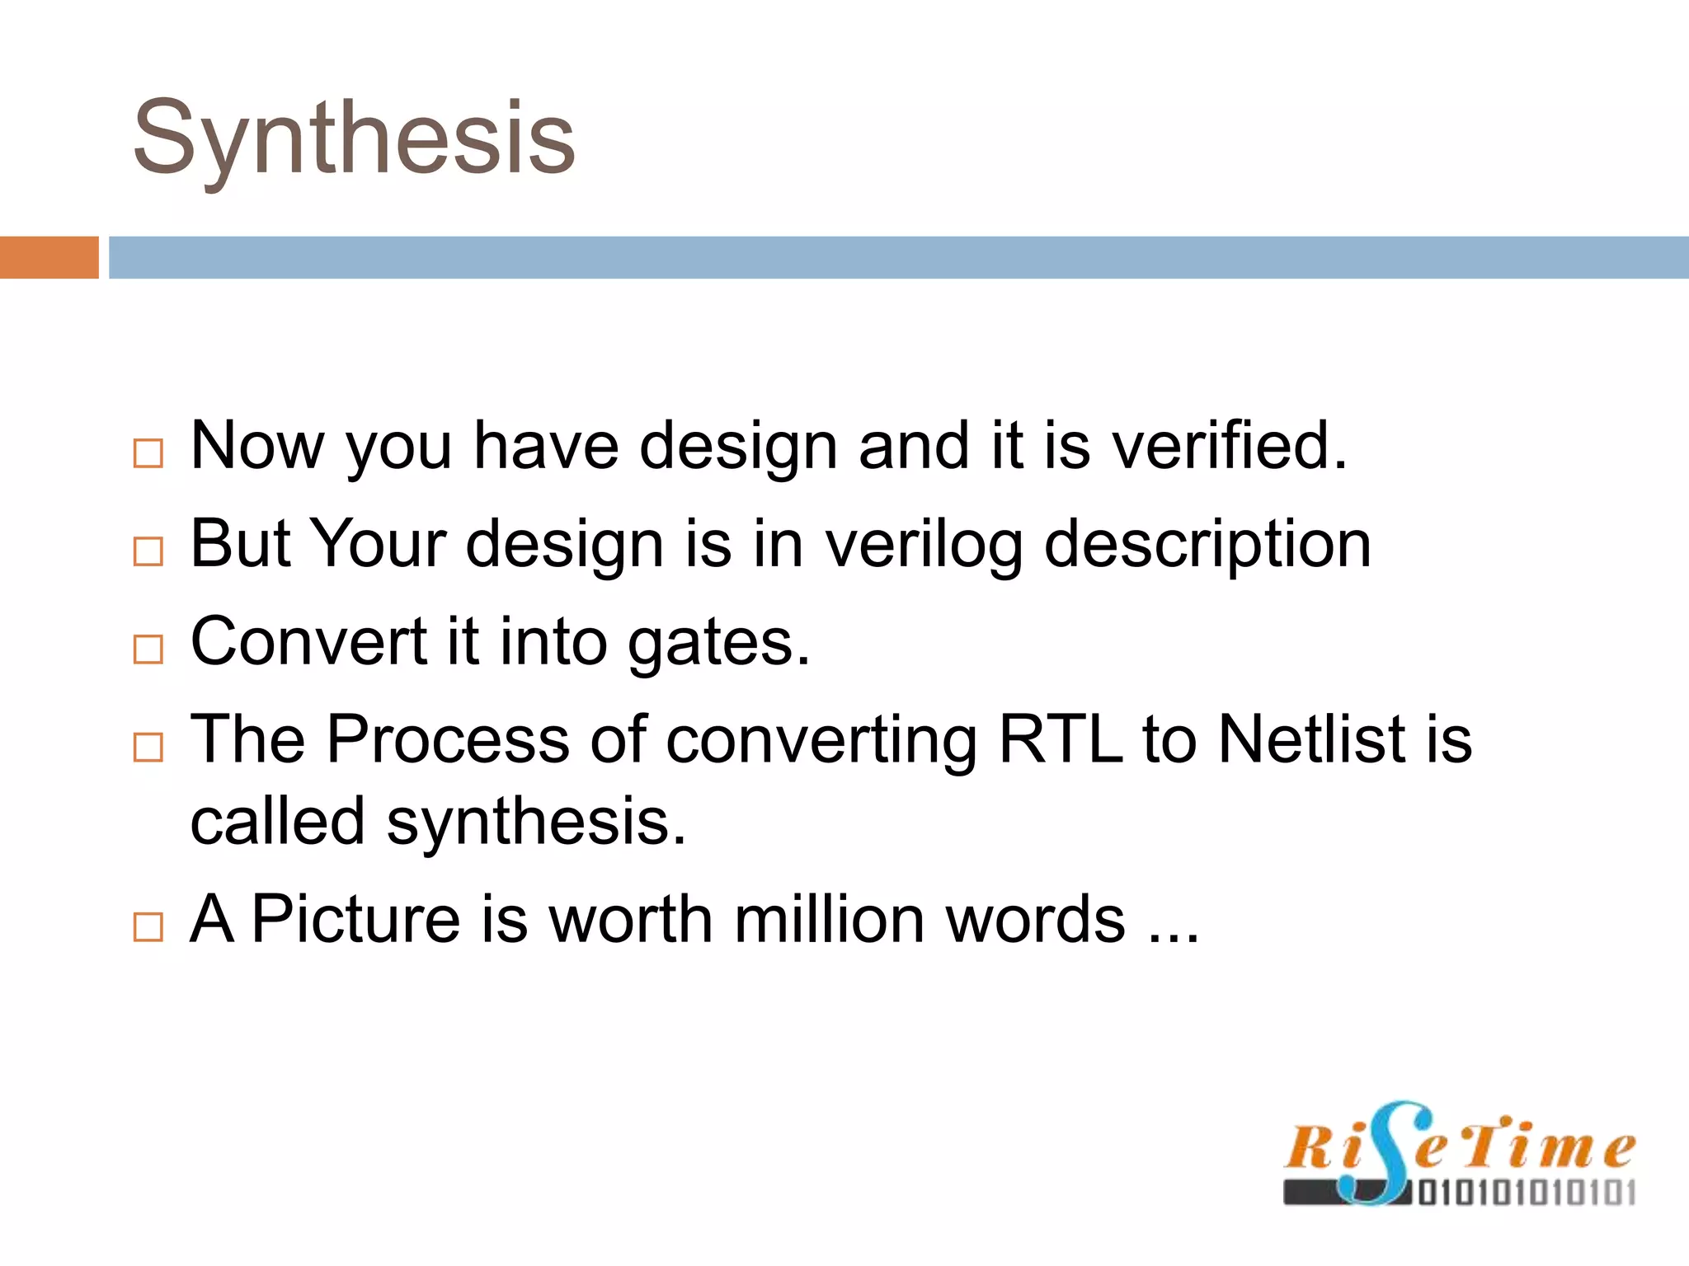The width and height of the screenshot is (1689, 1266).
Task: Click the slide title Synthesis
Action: coord(354,138)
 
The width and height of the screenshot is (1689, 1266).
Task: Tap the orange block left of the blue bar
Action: coord(49,257)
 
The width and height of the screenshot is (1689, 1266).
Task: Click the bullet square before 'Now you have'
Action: coord(148,453)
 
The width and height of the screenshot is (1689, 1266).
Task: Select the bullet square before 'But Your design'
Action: coord(148,551)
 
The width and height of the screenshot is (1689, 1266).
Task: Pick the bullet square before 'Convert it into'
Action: coord(148,649)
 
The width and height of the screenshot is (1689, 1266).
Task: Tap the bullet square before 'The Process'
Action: coord(148,747)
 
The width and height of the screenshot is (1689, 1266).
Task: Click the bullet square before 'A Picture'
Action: coord(148,927)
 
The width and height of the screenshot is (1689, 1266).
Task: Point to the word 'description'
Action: coord(1207,546)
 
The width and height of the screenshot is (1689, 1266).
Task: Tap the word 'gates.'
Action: coord(719,643)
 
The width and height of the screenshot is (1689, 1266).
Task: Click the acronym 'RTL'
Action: coord(1061,739)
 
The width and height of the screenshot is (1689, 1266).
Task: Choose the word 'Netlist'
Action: coord(1311,739)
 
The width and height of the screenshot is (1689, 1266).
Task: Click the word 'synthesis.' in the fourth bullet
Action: coord(536,823)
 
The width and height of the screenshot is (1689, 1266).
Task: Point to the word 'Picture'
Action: coord(355,920)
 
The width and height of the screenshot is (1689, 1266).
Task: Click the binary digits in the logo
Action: coord(1526,1193)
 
